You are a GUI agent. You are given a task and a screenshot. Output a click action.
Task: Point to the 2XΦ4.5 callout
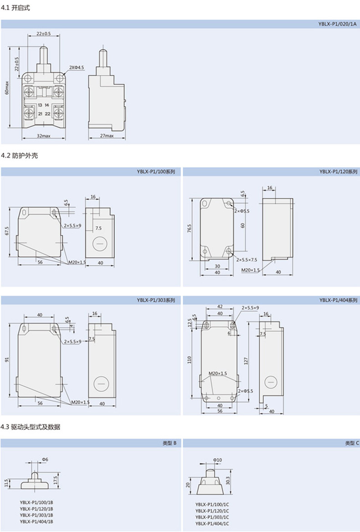[x=77, y=67]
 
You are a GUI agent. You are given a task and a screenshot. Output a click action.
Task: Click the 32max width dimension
[x=43, y=136]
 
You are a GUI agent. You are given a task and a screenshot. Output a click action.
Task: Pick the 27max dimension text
[x=106, y=136]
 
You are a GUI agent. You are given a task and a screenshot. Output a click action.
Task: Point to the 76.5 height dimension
[x=189, y=228]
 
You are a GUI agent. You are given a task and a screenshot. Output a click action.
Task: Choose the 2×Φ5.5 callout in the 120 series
[x=242, y=211]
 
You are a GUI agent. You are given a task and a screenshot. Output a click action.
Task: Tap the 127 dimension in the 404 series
[x=246, y=360]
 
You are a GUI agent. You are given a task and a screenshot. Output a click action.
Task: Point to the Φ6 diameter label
[x=45, y=459]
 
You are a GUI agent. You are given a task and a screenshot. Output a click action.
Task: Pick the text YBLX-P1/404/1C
[x=212, y=523]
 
